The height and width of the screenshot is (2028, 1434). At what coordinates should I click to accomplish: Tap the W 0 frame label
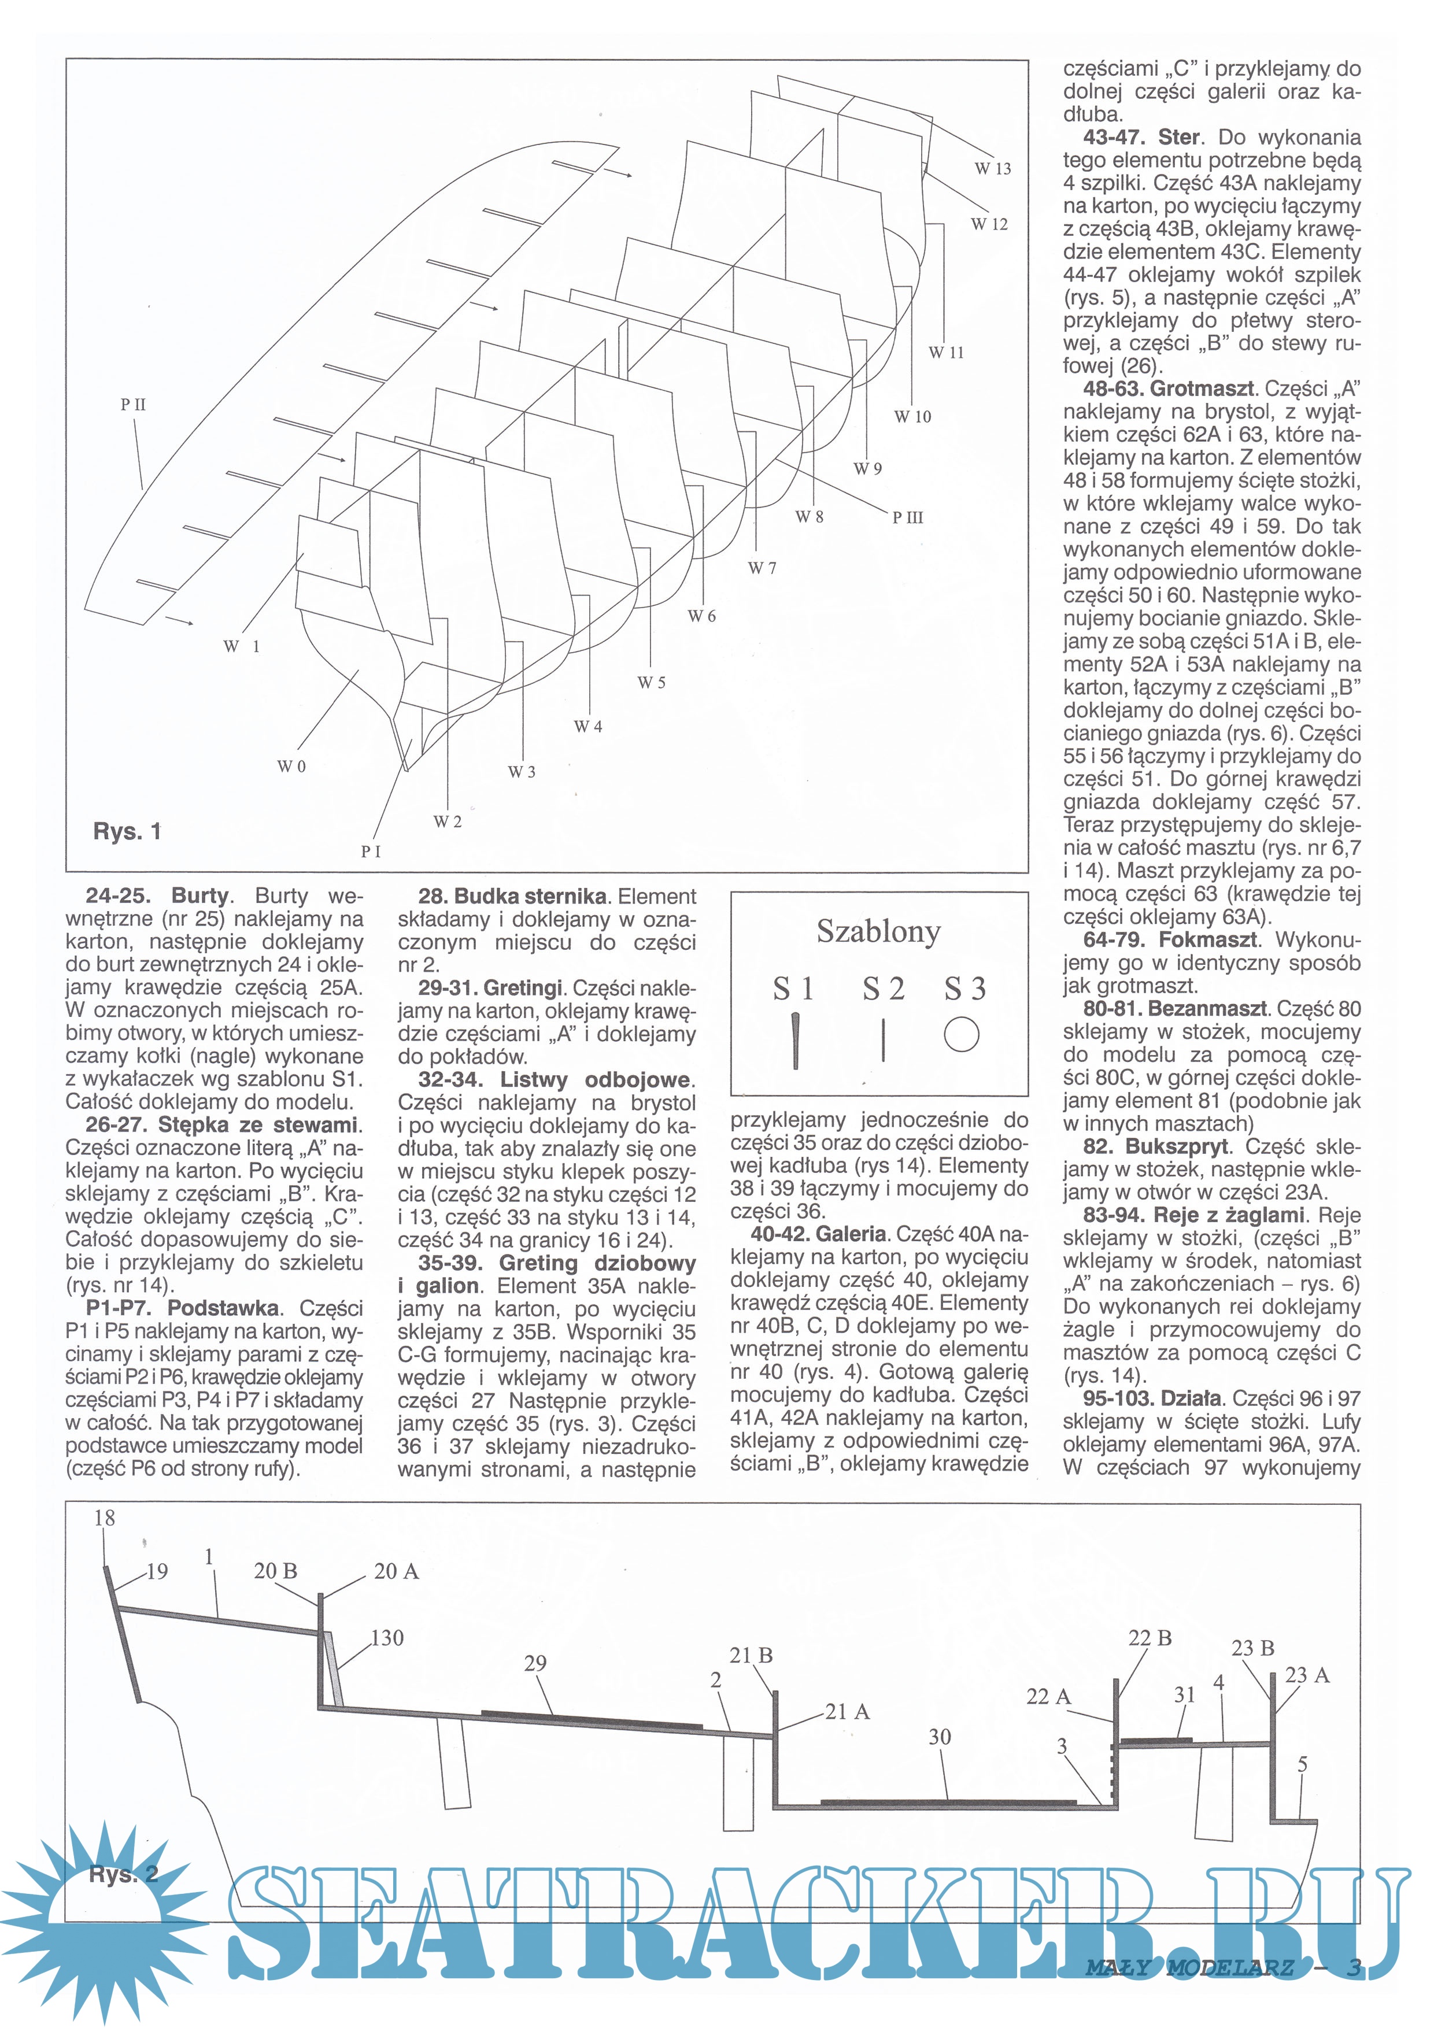pyautogui.click(x=291, y=766)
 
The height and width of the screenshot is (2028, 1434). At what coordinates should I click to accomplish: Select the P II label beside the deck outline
pyautogui.click(x=134, y=405)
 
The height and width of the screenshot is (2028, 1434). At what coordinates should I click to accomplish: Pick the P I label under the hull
pyautogui.click(x=371, y=852)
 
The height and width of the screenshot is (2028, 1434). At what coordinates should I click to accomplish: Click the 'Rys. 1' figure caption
pyautogui.click(x=127, y=831)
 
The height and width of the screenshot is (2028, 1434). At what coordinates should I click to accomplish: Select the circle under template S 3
pyautogui.click(x=962, y=1034)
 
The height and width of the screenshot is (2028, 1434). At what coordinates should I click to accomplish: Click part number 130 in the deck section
pyautogui.click(x=387, y=1638)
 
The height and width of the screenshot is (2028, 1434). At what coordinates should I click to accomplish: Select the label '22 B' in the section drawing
pyautogui.click(x=1151, y=1638)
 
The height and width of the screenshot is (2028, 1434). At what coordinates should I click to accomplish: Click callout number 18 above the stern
pyautogui.click(x=104, y=1518)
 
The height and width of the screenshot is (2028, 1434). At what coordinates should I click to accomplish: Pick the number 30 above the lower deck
pyautogui.click(x=940, y=1737)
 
